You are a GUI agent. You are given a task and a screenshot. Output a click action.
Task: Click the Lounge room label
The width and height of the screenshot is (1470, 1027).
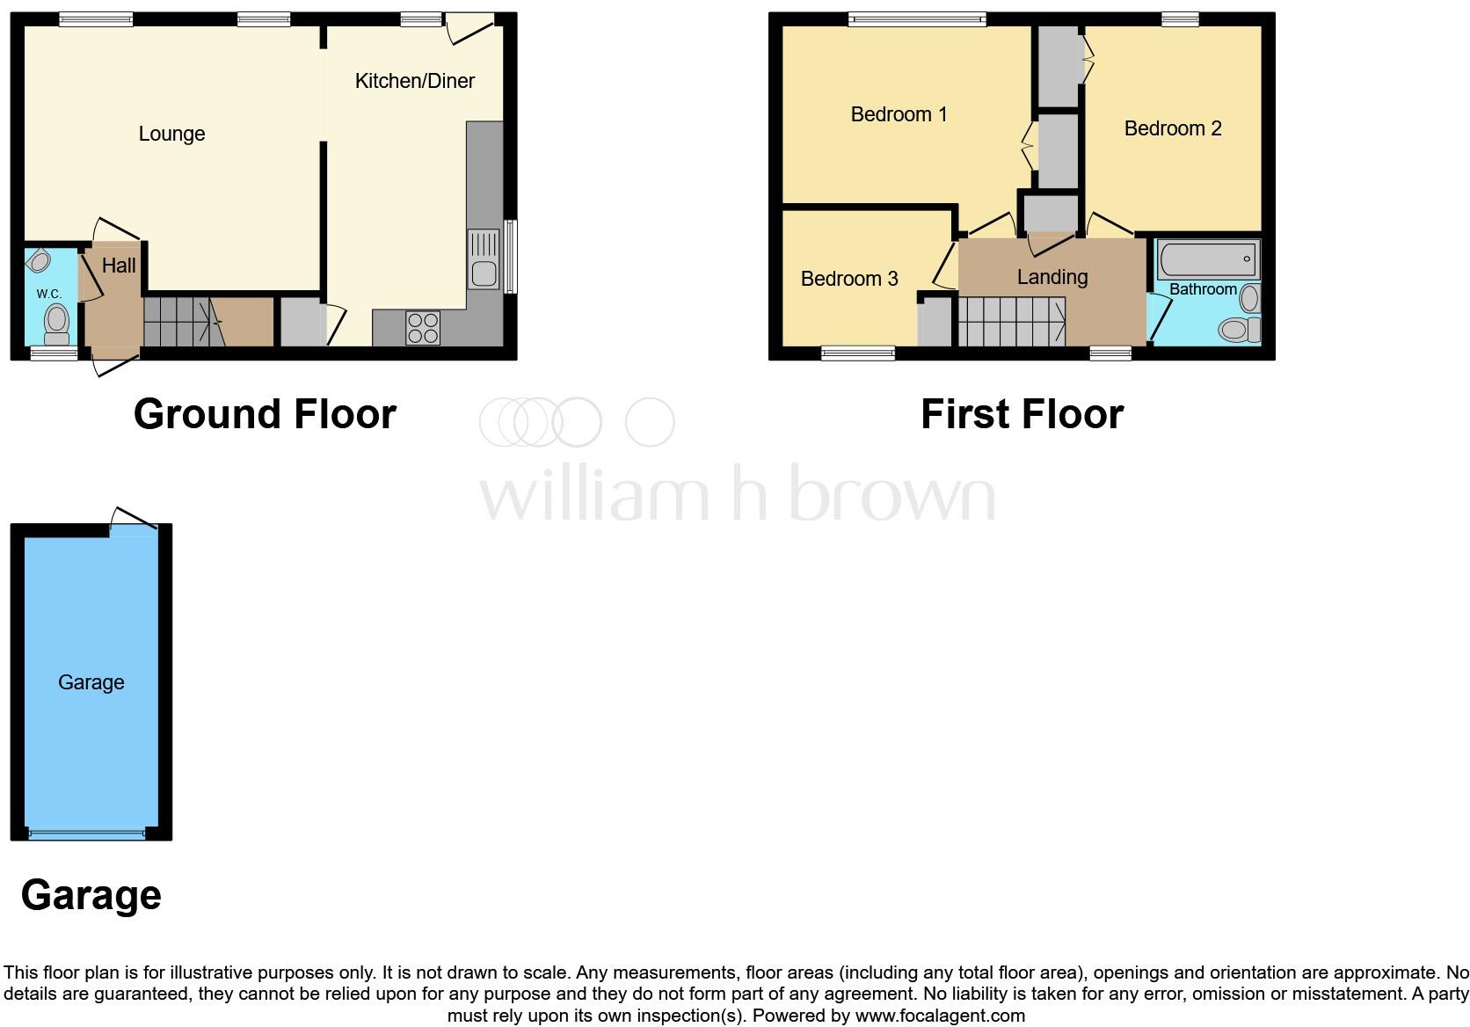pyautogui.click(x=171, y=134)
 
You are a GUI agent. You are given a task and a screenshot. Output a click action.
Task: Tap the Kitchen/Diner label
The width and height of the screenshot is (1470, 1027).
pyautogui.click(x=414, y=81)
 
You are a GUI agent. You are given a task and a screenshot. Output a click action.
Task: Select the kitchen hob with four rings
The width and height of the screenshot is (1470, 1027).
pyautogui.click(x=423, y=328)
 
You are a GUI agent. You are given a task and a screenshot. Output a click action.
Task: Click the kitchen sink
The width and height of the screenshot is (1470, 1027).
pyautogui.click(x=484, y=260)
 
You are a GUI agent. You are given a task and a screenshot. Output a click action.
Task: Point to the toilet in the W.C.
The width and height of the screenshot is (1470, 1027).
pyautogui.click(x=57, y=324)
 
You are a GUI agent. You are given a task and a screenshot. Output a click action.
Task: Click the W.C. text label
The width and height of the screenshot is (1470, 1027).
pyautogui.click(x=48, y=294)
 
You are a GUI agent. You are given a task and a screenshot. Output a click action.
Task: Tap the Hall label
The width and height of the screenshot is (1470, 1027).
pyautogui.click(x=119, y=266)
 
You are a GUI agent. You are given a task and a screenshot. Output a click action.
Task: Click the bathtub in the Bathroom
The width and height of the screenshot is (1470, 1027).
pyautogui.click(x=1208, y=259)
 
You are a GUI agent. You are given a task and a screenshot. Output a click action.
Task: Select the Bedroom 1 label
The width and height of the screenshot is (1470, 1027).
pyautogui.click(x=899, y=114)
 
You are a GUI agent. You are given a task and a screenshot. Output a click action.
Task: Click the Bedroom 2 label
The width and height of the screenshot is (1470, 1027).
pyautogui.click(x=1173, y=128)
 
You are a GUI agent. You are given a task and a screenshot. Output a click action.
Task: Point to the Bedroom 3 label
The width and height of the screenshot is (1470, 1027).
pyautogui.click(x=849, y=279)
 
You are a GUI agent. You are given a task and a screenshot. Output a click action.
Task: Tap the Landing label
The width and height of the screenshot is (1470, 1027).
pyautogui.click(x=1052, y=277)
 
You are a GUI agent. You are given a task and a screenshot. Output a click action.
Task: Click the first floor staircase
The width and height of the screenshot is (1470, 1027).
pyautogui.click(x=1011, y=322)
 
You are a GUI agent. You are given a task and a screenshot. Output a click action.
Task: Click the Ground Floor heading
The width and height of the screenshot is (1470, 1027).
pyautogui.click(x=265, y=414)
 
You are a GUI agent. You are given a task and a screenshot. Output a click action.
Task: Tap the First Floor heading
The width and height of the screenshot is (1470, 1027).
pyautogui.click(x=1022, y=414)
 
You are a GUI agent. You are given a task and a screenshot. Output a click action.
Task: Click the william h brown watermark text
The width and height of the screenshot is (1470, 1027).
pyautogui.click(x=737, y=494)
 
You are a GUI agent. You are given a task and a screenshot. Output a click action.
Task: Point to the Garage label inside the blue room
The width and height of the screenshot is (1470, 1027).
pyautogui.click(x=91, y=682)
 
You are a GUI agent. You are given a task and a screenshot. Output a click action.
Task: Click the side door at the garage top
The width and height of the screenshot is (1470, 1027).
pyautogui.click(x=135, y=520)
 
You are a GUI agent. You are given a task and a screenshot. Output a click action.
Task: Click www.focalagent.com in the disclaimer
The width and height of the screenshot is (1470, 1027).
pyautogui.click(x=940, y=1016)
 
